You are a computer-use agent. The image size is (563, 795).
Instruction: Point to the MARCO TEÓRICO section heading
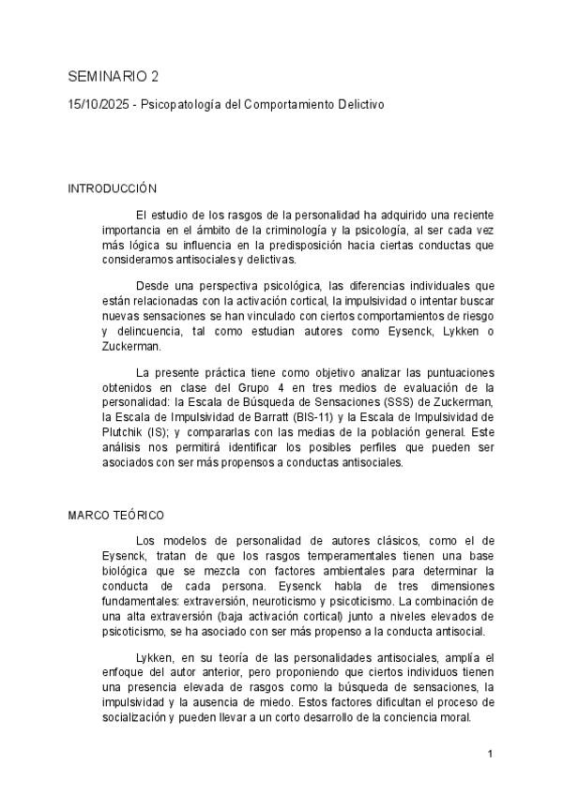116,516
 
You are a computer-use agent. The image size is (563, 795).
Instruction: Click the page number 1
491,753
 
